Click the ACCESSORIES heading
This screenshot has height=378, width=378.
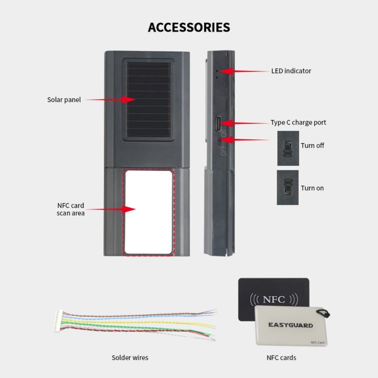point(189,28)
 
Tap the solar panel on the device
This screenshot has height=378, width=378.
point(148,100)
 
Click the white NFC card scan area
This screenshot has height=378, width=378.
point(148,212)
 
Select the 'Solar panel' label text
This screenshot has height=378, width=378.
point(64,100)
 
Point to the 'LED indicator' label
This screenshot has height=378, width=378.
point(291,71)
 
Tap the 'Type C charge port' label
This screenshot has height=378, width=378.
point(298,122)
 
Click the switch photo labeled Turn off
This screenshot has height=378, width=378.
point(288,148)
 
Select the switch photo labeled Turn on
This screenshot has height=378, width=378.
point(288,187)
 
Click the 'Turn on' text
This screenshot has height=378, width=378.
point(312,188)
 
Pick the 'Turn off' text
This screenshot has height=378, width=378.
point(312,145)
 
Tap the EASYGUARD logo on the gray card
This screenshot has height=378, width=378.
point(291,325)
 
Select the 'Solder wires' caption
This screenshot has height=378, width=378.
point(130,358)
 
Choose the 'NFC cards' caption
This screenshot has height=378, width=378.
point(281,358)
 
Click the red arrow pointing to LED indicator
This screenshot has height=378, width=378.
point(244,71)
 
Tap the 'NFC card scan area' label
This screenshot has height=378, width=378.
point(70,209)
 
